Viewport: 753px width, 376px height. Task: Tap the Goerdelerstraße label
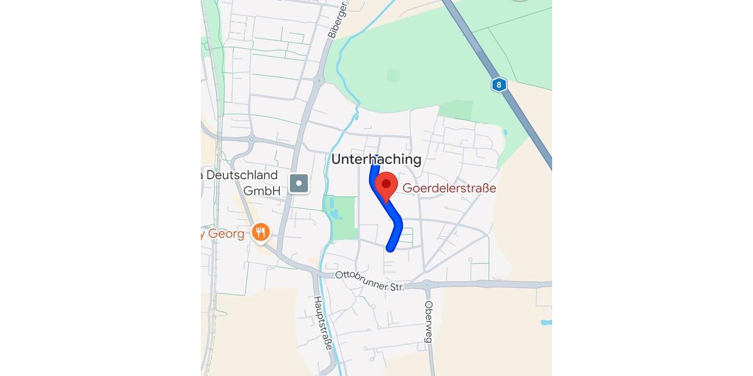tap(449, 188)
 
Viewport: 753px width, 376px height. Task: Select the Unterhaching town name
tap(376, 160)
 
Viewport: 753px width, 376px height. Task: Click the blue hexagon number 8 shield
tap(499, 85)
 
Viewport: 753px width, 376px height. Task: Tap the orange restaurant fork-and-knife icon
tap(260, 234)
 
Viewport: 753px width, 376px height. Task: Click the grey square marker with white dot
tap(299, 184)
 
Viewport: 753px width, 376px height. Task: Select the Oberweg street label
tap(429, 321)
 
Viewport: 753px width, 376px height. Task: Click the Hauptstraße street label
tap(322, 323)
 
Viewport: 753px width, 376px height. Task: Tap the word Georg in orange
tap(226, 234)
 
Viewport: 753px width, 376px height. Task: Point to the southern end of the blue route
tap(390, 248)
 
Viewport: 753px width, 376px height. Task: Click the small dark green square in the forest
tap(393, 75)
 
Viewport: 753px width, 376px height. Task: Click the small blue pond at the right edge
tap(546, 323)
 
